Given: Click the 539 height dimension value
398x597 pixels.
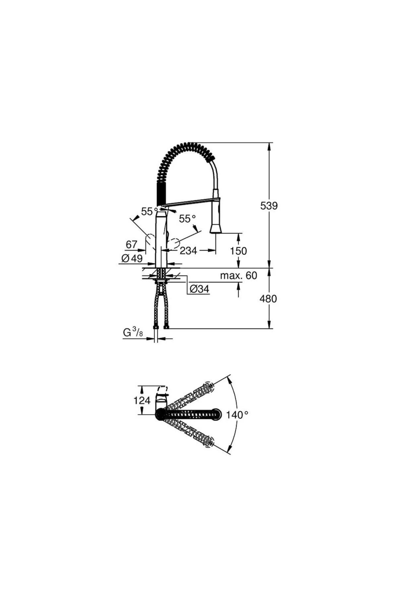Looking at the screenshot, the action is (x=269, y=206).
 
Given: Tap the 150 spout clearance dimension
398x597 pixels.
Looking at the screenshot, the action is (x=238, y=251).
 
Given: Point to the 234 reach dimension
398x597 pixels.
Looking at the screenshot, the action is (x=188, y=250).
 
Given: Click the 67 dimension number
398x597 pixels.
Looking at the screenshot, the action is (x=131, y=244).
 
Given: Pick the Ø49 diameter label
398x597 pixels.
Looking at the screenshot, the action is (x=132, y=258).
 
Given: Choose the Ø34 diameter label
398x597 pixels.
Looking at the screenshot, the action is (x=199, y=289).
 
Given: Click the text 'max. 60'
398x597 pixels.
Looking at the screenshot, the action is (x=238, y=275).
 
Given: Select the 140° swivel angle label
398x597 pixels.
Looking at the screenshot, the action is (x=237, y=414).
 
